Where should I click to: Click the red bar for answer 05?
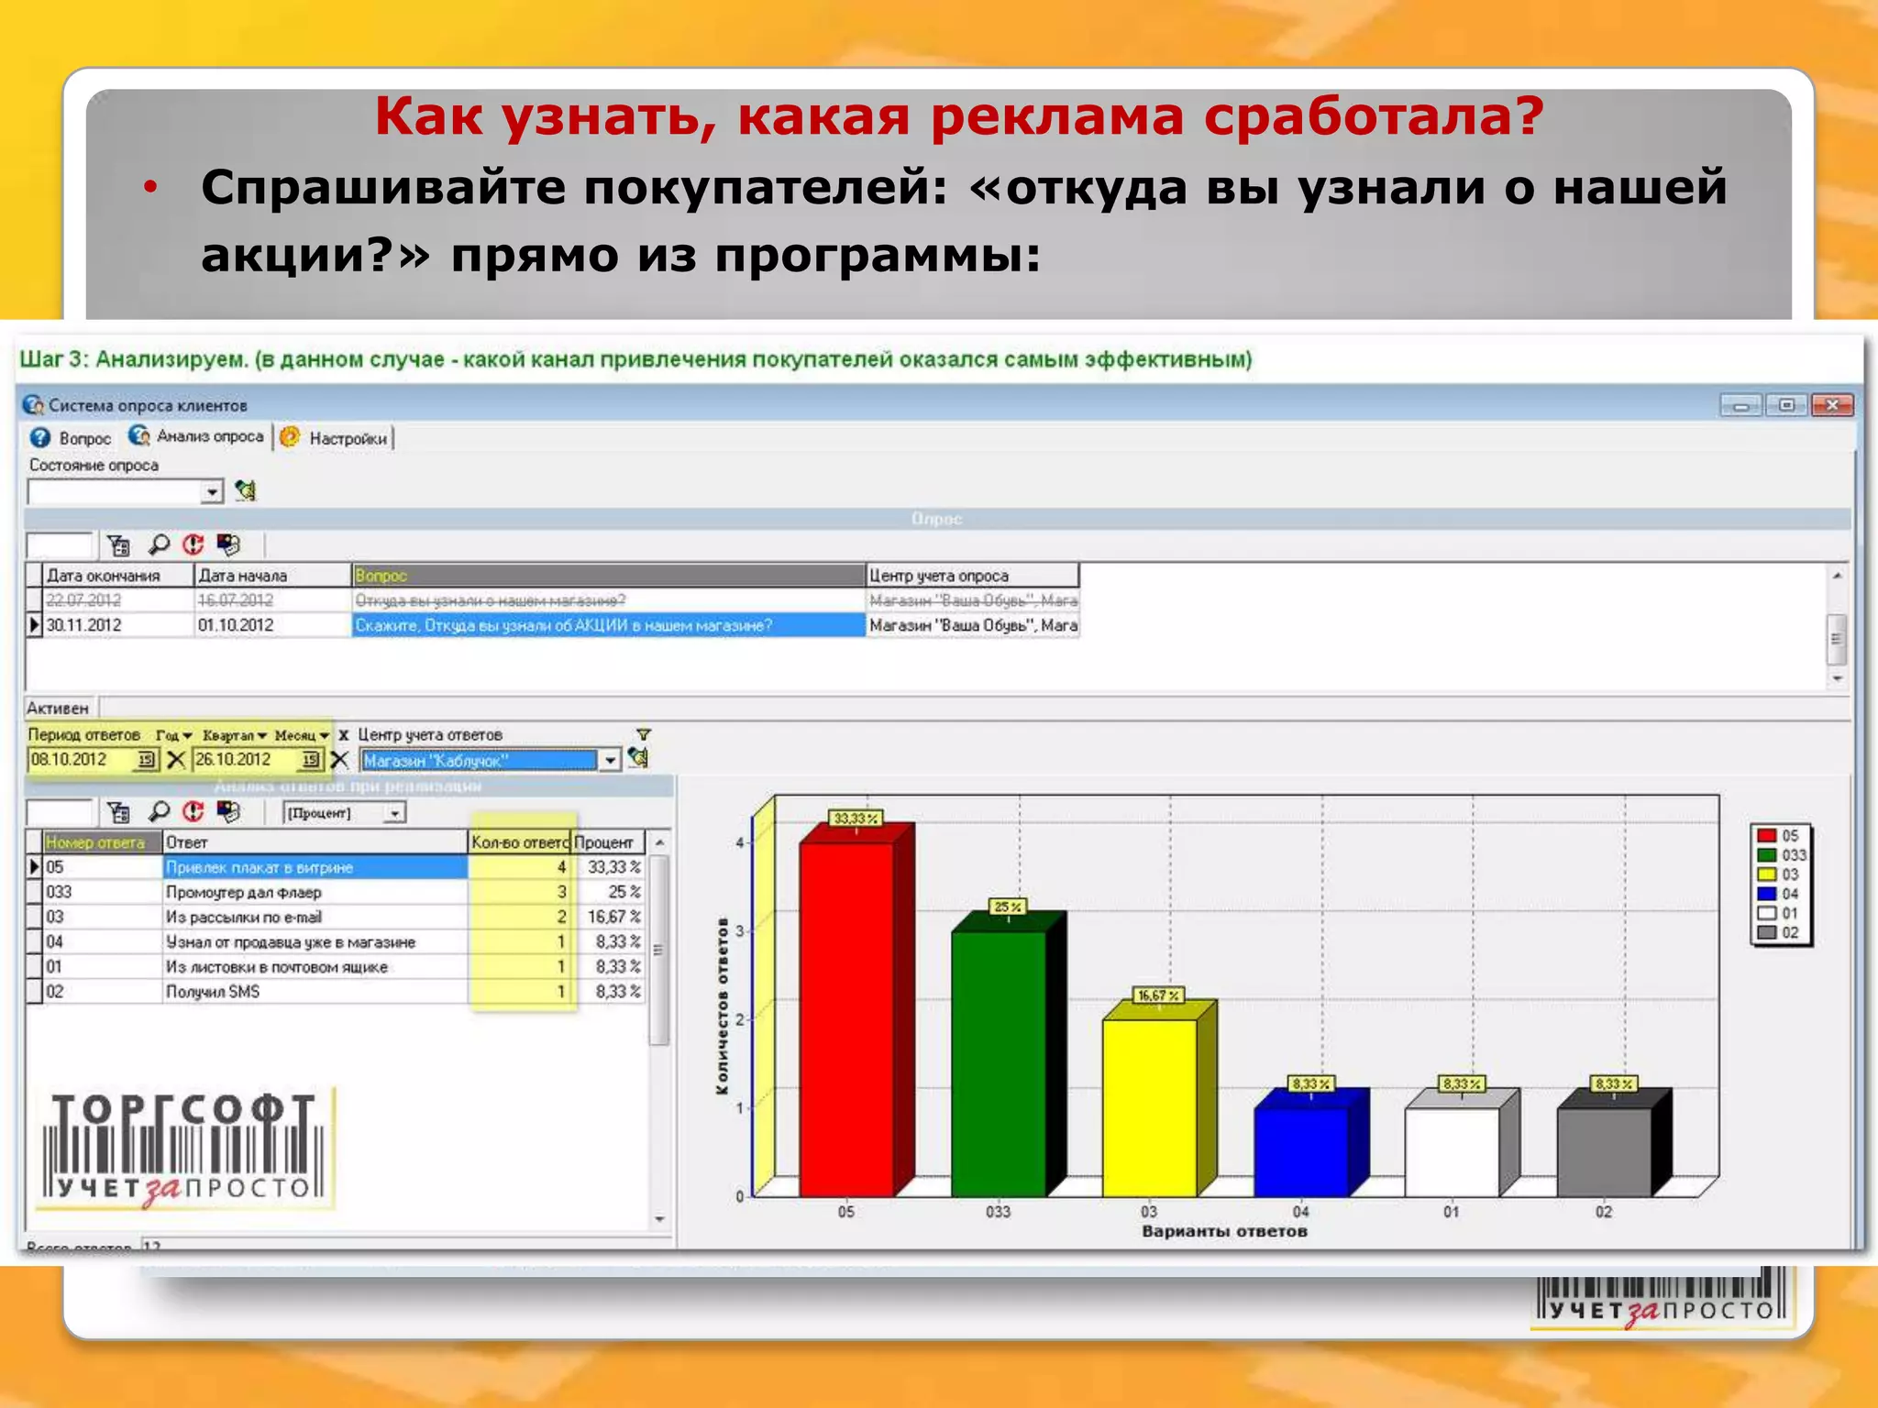(x=845, y=1017)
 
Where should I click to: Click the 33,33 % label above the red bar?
(x=855, y=819)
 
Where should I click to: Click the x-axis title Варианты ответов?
(x=1224, y=1231)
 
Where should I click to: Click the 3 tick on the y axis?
(x=740, y=930)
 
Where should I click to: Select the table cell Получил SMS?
(x=213, y=992)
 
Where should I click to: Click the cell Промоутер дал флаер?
(x=244, y=892)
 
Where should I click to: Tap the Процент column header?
(x=604, y=842)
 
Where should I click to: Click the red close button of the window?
(x=1832, y=404)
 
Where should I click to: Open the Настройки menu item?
(x=348, y=438)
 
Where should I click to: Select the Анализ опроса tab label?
(x=210, y=436)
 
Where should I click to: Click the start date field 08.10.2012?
(x=81, y=760)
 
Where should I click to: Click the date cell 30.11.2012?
(x=83, y=625)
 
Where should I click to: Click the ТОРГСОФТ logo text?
(x=183, y=1111)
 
